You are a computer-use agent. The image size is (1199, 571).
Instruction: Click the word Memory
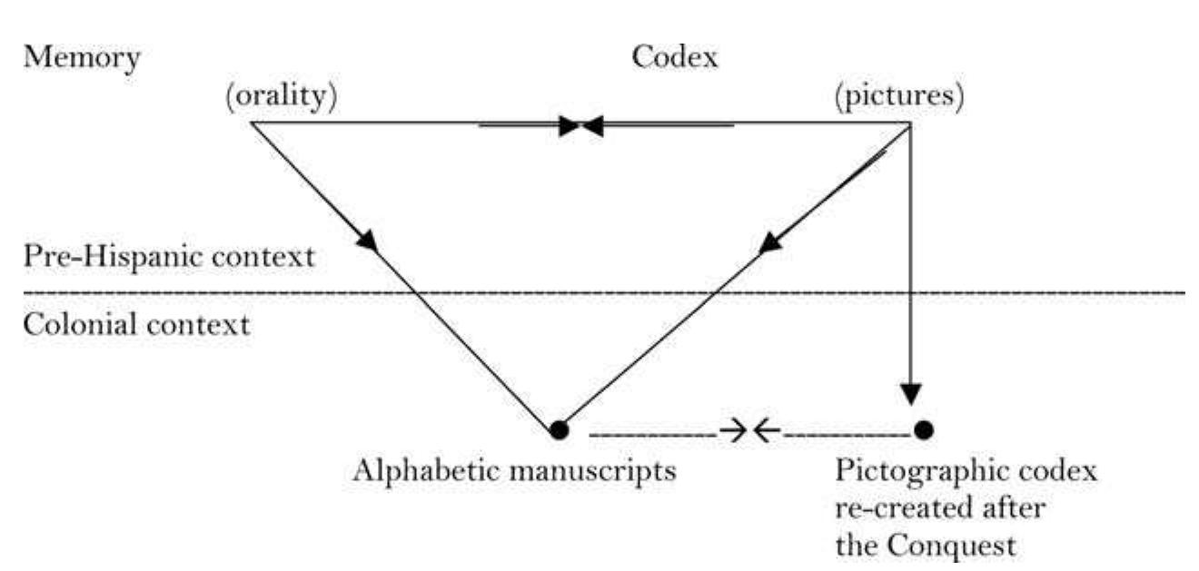tap(83, 58)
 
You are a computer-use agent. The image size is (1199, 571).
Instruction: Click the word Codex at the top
tap(674, 58)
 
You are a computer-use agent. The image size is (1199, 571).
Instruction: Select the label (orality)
tap(282, 95)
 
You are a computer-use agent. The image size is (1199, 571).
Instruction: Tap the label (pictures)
tap(899, 95)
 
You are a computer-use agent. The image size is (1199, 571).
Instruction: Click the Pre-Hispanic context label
tap(170, 256)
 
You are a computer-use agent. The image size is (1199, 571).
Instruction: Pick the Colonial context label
tap(136, 324)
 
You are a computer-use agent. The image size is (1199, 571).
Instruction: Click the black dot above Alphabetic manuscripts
tap(560, 429)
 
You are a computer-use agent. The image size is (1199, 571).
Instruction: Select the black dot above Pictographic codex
tap(924, 428)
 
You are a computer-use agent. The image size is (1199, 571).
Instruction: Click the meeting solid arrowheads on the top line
tap(580, 125)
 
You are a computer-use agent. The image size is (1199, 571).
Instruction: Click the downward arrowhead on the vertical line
tap(912, 392)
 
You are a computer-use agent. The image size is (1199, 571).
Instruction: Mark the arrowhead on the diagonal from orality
tap(367, 241)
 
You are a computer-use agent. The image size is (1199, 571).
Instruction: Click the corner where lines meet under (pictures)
tap(911, 124)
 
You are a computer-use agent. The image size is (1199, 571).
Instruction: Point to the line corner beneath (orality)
tap(252, 123)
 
